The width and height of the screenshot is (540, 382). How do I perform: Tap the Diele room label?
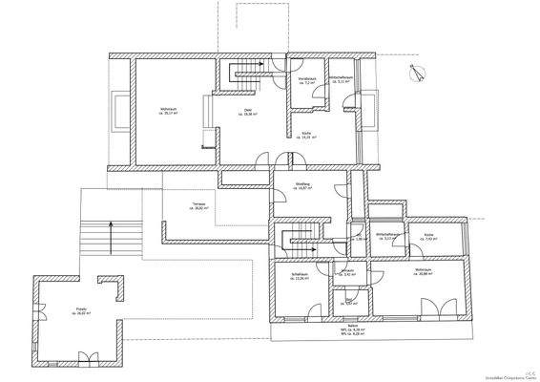247,112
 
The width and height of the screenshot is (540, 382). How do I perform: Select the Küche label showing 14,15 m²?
306,136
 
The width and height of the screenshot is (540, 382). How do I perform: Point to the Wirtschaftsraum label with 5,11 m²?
342,79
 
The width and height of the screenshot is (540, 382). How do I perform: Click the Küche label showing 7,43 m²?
430,237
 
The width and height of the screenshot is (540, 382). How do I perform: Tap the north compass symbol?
412,72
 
